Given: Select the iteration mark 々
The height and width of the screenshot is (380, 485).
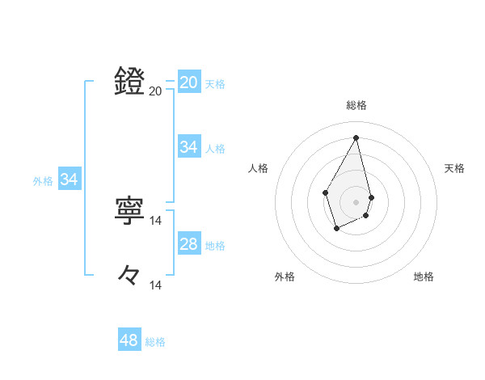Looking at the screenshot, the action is [x=130, y=276].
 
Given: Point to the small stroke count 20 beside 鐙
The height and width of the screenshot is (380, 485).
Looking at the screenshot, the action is [x=155, y=91].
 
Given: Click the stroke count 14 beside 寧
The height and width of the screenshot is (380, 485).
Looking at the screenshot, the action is [x=156, y=221].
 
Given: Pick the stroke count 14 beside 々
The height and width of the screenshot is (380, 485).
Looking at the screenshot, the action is [x=156, y=285].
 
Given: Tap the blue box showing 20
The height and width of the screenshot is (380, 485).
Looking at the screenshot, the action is [x=189, y=82].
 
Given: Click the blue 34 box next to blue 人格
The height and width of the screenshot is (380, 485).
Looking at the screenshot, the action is [x=189, y=147].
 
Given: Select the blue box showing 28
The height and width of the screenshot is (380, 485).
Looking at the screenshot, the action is [x=189, y=244].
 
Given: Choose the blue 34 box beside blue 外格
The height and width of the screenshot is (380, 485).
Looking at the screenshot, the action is [x=70, y=179].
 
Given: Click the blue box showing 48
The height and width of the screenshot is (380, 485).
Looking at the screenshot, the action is [x=129, y=340].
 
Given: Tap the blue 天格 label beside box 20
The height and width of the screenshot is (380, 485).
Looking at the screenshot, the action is [x=215, y=84].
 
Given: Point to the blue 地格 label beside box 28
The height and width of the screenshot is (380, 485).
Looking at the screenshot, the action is [x=215, y=246].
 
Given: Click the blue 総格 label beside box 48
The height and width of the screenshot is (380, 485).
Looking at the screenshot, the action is [x=155, y=342].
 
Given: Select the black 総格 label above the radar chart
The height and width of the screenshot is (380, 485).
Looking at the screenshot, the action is [x=356, y=105].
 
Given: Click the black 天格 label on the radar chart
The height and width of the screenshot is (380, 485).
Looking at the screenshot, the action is [x=454, y=168].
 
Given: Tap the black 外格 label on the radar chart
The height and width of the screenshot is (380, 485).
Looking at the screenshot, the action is [x=285, y=277].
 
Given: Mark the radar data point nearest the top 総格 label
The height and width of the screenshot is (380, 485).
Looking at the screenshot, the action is [x=356, y=137].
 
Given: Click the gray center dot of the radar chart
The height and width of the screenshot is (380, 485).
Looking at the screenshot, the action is [x=356, y=201].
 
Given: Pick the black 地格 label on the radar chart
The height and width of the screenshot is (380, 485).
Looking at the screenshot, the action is [x=424, y=277].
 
